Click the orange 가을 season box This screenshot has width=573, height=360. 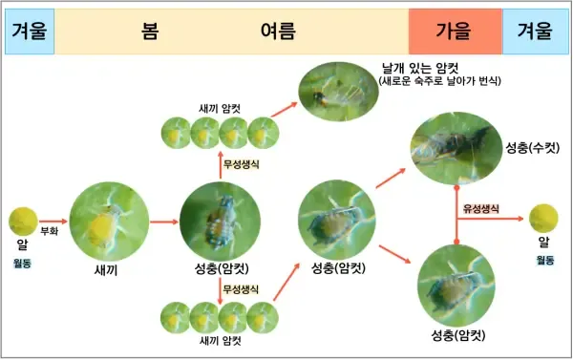click(454, 31)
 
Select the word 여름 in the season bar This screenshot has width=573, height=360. click(278, 31)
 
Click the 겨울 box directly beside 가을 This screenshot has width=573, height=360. click(535, 31)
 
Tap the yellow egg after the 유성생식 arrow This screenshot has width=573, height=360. click(543, 216)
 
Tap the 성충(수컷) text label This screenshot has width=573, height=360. click(533, 148)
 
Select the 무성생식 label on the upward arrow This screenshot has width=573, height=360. click(241, 163)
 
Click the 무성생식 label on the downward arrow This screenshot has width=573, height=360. click(241, 288)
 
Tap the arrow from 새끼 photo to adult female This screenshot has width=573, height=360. click(162, 222)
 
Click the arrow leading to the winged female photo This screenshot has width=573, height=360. click(284, 109)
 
